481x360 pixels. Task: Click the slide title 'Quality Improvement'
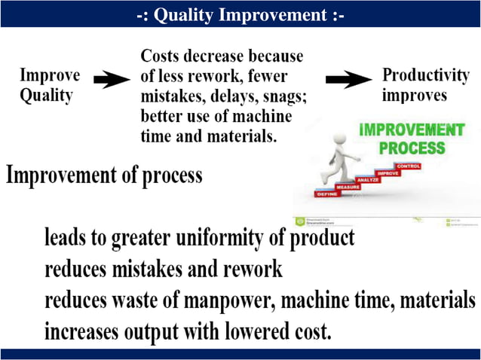[240, 15]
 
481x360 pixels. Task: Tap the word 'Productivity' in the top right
[426, 75]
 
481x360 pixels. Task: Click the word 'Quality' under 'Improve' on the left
[46, 96]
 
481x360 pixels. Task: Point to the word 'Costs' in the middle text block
[165, 56]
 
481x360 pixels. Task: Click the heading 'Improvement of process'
[105, 175]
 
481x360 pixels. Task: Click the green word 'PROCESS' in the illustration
[412, 146]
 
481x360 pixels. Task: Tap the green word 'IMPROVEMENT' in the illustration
[412, 130]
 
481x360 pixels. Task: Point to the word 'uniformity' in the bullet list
[227, 239]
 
